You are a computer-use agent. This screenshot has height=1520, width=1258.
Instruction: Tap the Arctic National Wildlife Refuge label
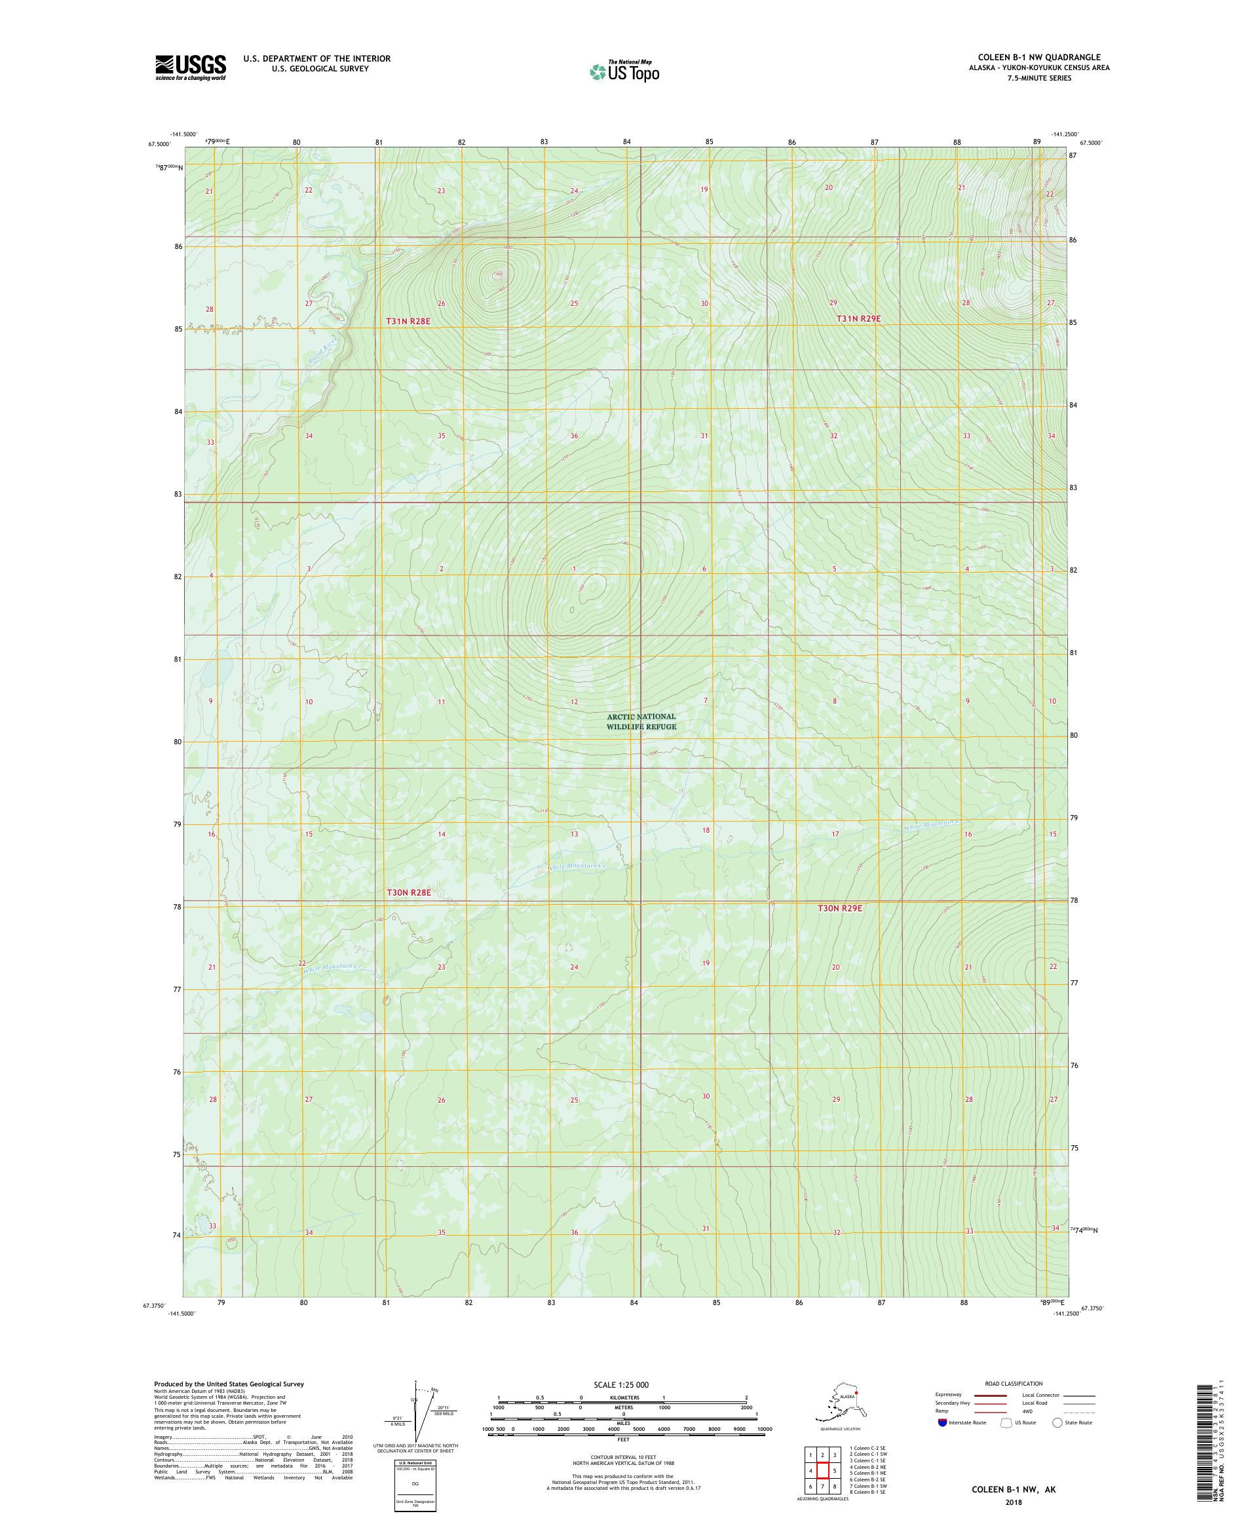[641, 721]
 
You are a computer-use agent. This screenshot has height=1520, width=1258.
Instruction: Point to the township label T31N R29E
[858, 318]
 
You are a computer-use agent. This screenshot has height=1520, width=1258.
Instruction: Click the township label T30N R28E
[408, 892]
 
